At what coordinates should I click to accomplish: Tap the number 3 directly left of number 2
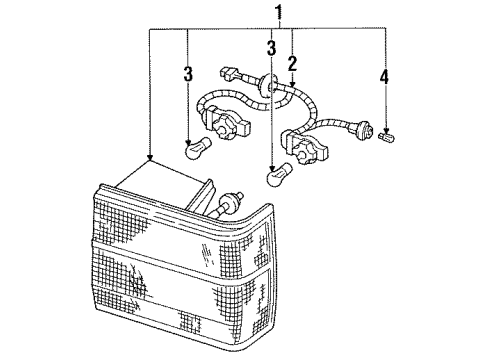pos(271,49)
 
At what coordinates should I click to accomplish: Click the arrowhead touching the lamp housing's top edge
pos(149,160)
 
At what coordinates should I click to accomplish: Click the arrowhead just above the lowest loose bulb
pos(271,163)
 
